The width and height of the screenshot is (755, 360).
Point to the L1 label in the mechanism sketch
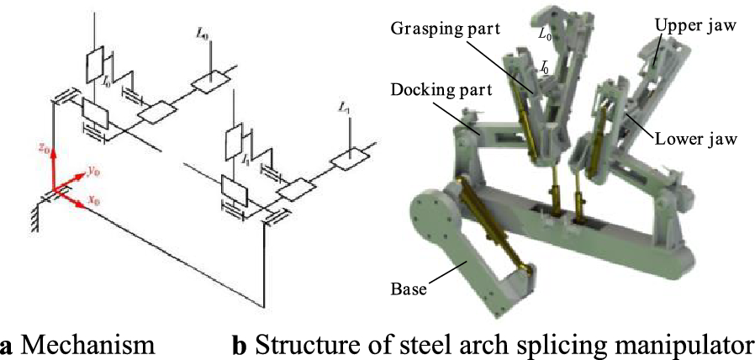[342, 108]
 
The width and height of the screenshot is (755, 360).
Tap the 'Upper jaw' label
[695, 26]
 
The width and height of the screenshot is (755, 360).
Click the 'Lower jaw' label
[694, 139]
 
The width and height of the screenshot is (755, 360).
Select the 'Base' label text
[409, 289]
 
